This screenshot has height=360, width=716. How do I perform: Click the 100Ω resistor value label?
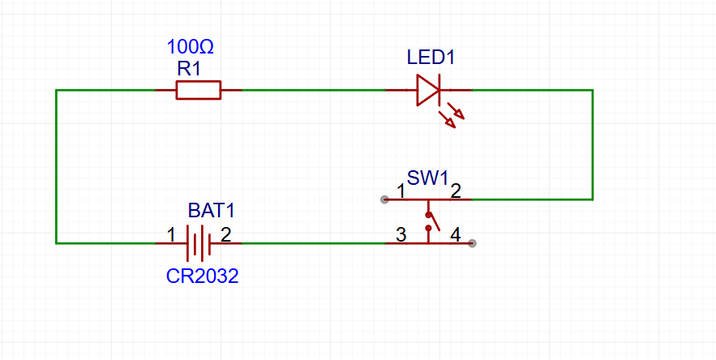[x=190, y=47]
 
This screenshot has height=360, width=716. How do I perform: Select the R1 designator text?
[x=189, y=69]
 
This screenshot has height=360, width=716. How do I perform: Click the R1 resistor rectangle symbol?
[x=199, y=90]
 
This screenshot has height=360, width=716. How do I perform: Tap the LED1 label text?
[x=431, y=58]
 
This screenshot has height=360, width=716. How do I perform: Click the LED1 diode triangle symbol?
[x=427, y=90]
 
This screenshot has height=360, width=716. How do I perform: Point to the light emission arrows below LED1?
[x=452, y=114]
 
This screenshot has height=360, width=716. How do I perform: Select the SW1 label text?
[x=427, y=178]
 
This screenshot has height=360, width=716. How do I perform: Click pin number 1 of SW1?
[x=401, y=192]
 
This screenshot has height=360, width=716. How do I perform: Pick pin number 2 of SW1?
[x=456, y=192]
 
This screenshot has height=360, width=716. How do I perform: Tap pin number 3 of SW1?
[x=401, y=235]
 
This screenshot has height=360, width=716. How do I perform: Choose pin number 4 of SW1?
[x=456, y=235]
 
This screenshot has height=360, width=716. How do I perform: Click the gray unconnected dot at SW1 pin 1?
[x=384, y=199]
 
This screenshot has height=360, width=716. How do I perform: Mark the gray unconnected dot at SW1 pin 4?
[x=473, y=242]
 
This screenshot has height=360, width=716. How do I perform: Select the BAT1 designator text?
[x=211, y=211]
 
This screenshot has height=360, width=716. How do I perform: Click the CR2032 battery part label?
[x=203, y=276]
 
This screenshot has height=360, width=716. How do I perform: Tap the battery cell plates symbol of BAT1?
[x=199, y=242]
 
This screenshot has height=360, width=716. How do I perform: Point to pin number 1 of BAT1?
[x=170, y=235]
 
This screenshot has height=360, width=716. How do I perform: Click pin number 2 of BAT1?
[x=225, y=235]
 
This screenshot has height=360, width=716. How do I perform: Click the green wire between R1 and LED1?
[x=312, y=90]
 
